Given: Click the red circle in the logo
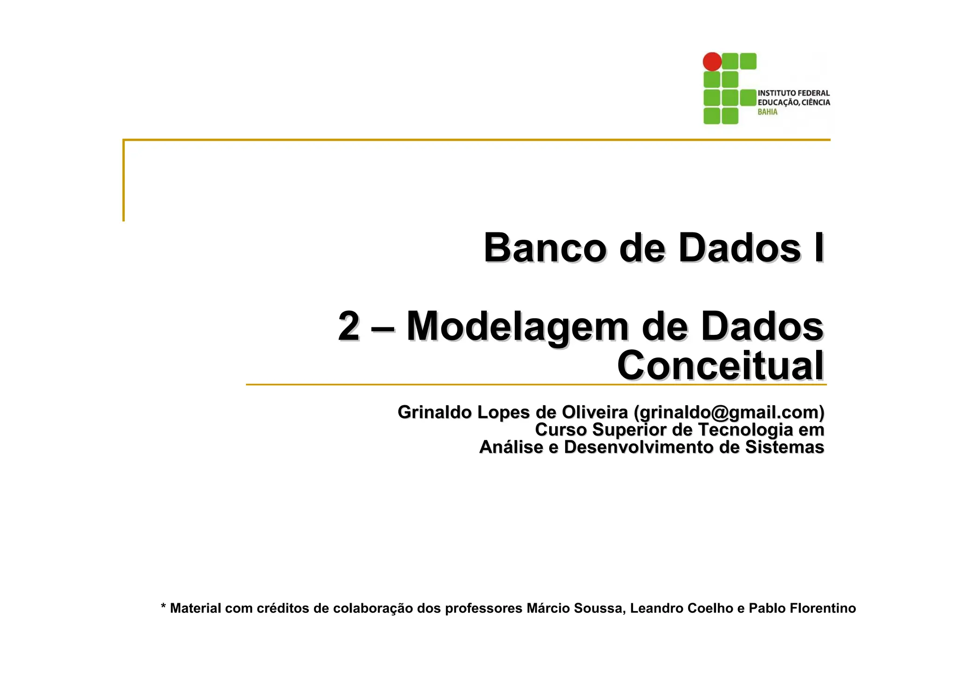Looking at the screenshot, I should (712, 61).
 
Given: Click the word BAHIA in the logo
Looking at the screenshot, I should (767, 112).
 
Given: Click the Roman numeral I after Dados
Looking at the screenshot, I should (818, 248).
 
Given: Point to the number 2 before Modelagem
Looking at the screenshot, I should (348, 326).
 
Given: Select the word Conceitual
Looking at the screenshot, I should (720, 366).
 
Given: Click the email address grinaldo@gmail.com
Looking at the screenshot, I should (729, 412).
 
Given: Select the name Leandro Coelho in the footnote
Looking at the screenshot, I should (681, 608).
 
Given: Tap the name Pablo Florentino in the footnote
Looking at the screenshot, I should (802, 608).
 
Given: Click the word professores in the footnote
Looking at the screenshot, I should (484, 609).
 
